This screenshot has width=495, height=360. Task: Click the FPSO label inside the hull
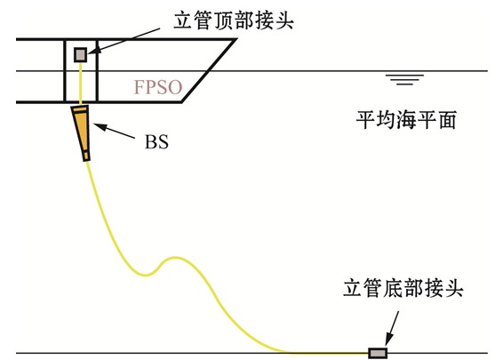pos(158,87)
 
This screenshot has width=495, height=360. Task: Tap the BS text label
pos(156,142)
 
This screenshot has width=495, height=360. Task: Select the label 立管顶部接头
pos(234,20)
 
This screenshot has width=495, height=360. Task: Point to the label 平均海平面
pos(406,120)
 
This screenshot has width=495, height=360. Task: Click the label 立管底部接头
pos(403,288)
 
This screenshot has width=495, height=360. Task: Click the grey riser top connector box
pos(81,54)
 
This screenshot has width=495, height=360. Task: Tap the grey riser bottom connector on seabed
pos(378,352)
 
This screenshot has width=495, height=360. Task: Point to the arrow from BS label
pos(114,131)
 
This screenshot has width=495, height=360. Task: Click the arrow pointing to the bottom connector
pos(392,328)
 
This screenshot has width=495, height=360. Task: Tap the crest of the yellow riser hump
pos(174,258)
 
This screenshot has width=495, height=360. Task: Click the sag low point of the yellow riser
pos(146,275)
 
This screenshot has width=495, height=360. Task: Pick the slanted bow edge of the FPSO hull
pos(209,71)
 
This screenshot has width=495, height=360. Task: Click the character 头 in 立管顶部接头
pos(284,20)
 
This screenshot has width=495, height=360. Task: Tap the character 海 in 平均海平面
pos(406,120)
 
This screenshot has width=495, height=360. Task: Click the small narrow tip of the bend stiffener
pos(86,156)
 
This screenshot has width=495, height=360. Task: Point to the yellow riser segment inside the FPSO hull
pos(81,82)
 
